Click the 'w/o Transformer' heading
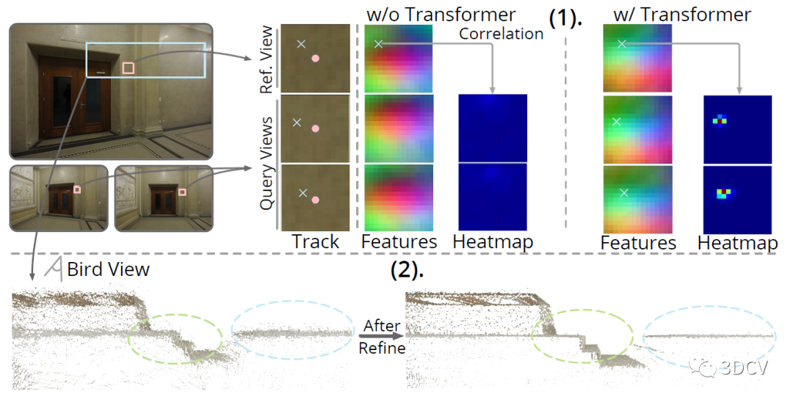[x=440, y=14]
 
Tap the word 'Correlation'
[x=501, y=34]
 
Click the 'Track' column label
[x=315, y=241]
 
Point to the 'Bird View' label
[x=108, y=269]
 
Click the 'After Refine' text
[x=382, y=337]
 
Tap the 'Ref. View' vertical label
[x=267, y=59]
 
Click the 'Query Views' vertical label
[x=267, y=163]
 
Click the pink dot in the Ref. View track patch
[x=316, y=59]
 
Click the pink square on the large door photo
[x=128, y=68]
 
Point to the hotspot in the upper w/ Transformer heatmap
[x=720, y=119]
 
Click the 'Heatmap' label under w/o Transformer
[x=493, y=241]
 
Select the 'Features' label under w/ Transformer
[x=637, y=243]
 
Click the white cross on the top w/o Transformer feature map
[x=379, y=44]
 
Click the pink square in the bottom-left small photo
[x=76, y=189]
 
